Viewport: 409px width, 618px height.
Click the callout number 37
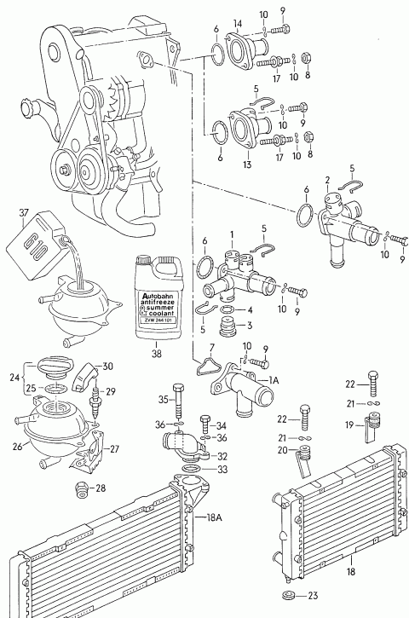pyautogui.click(x=24, y=213)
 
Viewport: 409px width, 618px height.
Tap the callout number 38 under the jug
pyautogui.click(x=157, y=354)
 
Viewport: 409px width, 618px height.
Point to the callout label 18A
pyautogui.click(x=215, y=517)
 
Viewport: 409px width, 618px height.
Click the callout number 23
pyautogui.click(x=313, y=596)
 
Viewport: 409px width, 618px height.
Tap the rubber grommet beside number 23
pyautogui.click(x=290, y=595)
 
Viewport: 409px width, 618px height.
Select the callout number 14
pyautogui.click(x=238, y=24)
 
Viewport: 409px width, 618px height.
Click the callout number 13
pyautogui.click(x=247, y=165)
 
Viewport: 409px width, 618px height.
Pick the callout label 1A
pyautogui.click(x=274, y=380)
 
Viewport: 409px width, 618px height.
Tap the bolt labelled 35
pyautogui.click(x=178, y=401)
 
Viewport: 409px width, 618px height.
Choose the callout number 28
pyautogui.click(x=101, y=488)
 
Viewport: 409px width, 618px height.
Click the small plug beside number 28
pyautogui.click(x=82, y=489)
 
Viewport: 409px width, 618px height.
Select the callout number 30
pyautogui.click(x=107, y=367)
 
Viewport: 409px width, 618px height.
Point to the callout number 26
pyautogui.click(x=17, y=447)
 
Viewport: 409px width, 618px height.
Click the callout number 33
pyautogui.click(x=222, y=470)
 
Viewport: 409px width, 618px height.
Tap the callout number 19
pyautogui.click(x=349, y=425)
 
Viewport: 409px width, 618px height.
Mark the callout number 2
pyautogui.click(x=327, y=181)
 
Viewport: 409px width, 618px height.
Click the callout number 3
pyautogui.click(x=250, y=326)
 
